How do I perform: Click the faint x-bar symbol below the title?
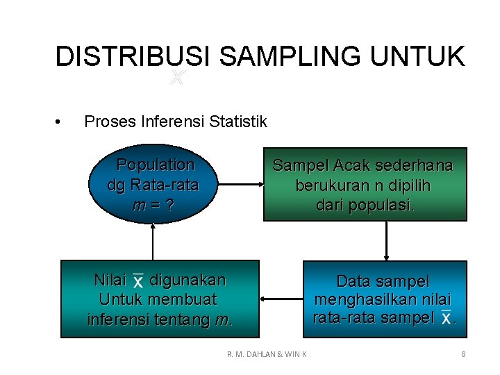pos(177,78)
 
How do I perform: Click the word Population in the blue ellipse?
pos(155,165)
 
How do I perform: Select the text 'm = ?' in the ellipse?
pos(153,206)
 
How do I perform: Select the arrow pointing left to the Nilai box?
pos(281,299)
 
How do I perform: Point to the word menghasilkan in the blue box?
pos(383,300)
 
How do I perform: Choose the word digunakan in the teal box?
pos(187,281)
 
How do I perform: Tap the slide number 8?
pos(463,355)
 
